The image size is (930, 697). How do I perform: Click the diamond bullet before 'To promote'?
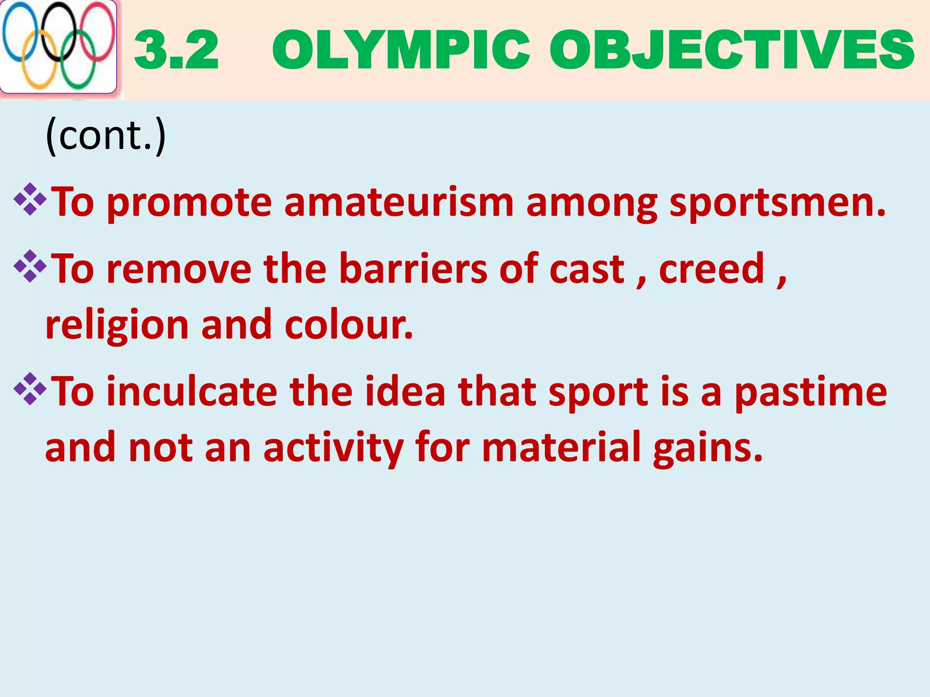(30, 199)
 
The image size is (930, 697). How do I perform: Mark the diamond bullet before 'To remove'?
(30, 266)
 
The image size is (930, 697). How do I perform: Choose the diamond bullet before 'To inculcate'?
(30, 389)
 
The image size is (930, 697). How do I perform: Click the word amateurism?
(399, 202)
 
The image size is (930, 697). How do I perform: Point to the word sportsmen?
(777, 202)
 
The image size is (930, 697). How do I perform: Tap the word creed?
(712, 269)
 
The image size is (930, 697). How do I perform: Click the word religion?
(117, 326)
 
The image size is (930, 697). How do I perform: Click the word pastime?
(811, 392)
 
